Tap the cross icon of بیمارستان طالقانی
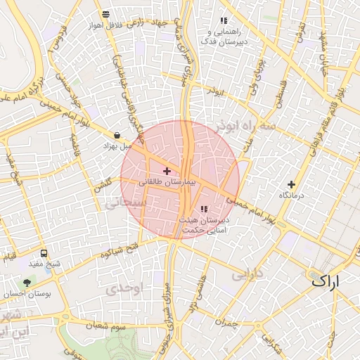[167, 171]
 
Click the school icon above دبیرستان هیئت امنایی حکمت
[204, 209]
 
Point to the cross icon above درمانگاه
[291, 184]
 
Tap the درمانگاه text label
[290, 195]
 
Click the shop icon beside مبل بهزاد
[116, 136]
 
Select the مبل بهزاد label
[115, 146]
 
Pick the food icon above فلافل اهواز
[105, 14]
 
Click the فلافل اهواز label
[105, 25]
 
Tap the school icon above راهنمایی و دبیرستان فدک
[224, 21]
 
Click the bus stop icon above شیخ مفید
[44, 253]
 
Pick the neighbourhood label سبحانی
[127, 202]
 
